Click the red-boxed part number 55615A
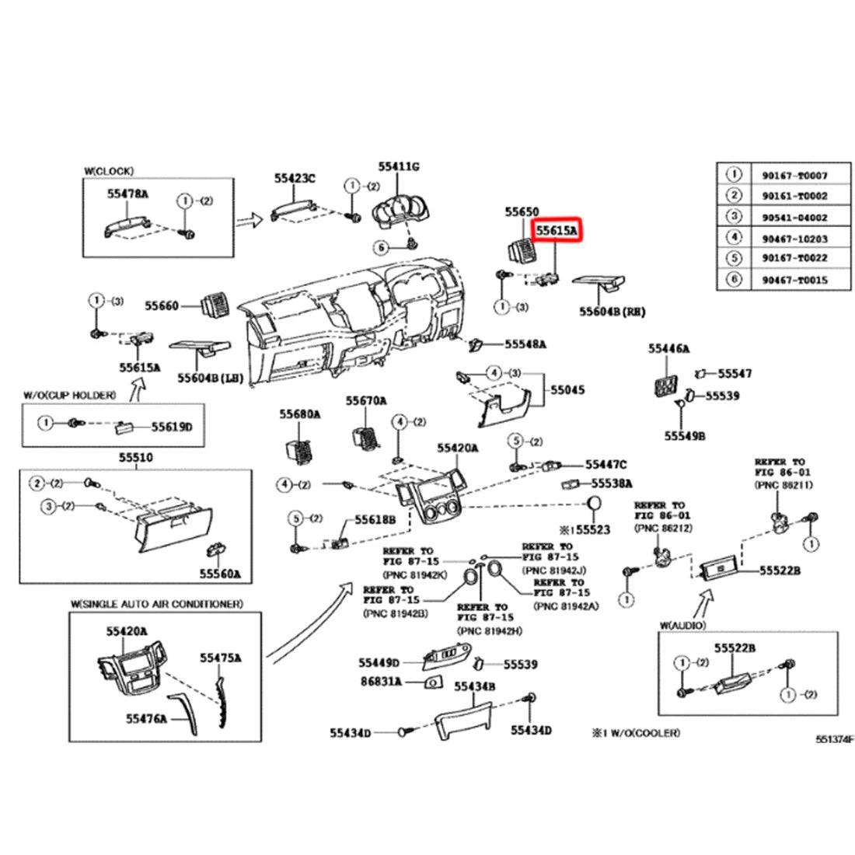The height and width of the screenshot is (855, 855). point(556,231)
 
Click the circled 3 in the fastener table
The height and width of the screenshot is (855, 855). point(734,218)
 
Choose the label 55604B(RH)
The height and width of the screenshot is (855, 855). point(612,311)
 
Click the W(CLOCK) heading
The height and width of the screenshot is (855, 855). point(109,170)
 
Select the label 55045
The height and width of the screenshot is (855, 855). point(567,389)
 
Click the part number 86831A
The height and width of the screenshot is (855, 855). point(380,682)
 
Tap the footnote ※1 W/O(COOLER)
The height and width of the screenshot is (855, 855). point(636,733)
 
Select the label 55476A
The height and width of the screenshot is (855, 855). point(147,719)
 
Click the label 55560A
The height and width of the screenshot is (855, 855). point(219,574)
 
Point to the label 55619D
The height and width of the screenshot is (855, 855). point(171,427)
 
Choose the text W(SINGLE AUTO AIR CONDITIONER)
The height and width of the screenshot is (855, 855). point(156,604)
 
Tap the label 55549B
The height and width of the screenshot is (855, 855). point(684,436)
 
